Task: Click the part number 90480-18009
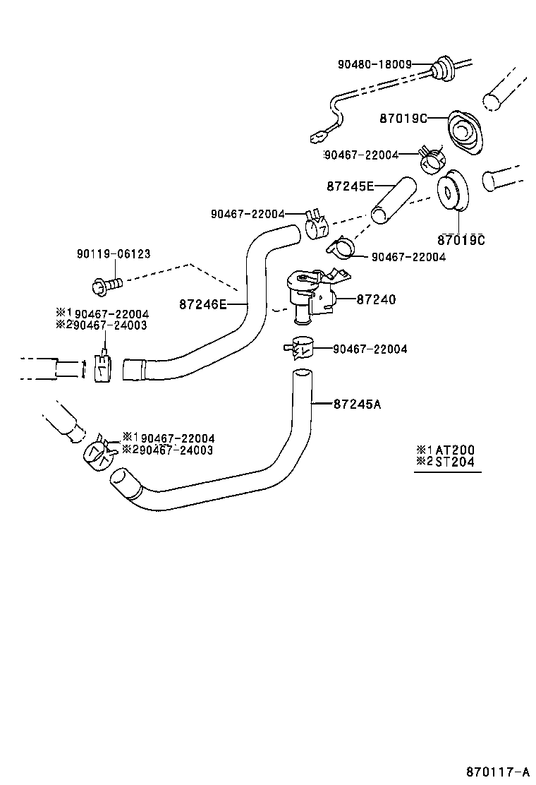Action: [374, 64]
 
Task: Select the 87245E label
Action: [350, 186]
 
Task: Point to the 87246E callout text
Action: [202, 304]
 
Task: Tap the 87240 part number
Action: [376, 300]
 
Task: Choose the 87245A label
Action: [357, 405]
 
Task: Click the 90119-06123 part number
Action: [114, 254]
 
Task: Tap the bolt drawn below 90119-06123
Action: [106, 285]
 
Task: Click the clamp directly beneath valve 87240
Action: [300, 347]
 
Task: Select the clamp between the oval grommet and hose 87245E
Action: [432, 160]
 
